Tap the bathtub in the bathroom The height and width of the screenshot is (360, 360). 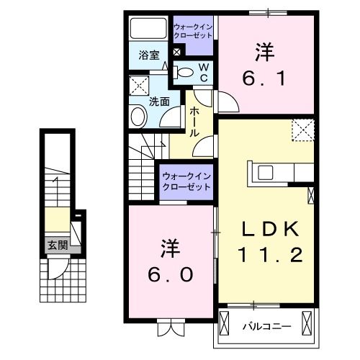pos(148,29)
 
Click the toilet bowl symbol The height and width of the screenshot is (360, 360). pos(185,71)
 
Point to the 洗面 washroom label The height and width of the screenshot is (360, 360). pos(159,102)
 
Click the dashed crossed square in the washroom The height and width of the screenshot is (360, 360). pos(139,88)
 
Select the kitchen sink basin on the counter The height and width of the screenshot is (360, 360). pos(264,172)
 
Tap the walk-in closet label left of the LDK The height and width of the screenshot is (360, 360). pos(186,181)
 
